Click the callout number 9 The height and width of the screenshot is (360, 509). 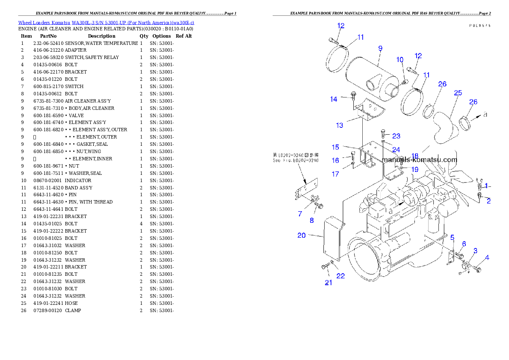pos(380,49)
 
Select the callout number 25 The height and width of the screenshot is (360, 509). pos(458,93)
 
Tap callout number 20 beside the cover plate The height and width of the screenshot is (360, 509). pos(302,235)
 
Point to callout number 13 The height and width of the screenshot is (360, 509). pos(339,125)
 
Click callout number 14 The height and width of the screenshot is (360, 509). pos(333,99)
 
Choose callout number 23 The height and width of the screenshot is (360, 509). pos(396,136)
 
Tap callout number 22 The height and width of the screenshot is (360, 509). pos(340,276)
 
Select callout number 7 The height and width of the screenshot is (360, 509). pos(299,213)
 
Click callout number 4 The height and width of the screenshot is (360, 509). pos(487,257)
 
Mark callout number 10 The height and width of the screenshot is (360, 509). pos(400,59)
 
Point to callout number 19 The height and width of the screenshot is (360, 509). pos(414,169)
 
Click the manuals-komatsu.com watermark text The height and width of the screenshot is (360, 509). pos(420,160)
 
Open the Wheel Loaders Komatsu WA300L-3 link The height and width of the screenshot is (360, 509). pos(106,23)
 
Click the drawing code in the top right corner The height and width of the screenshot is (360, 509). pos(479,26)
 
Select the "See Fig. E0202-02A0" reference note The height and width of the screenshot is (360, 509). pos(296,158)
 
